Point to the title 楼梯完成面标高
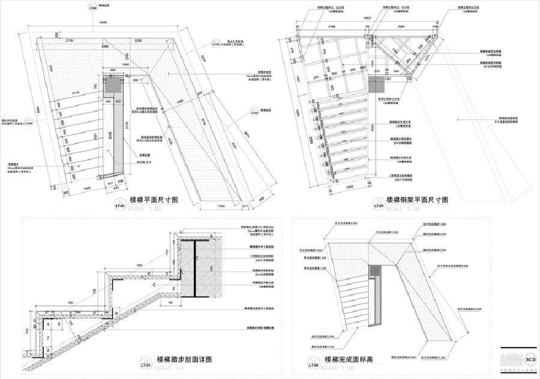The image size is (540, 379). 349,360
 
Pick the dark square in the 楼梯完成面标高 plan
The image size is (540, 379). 376,270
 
